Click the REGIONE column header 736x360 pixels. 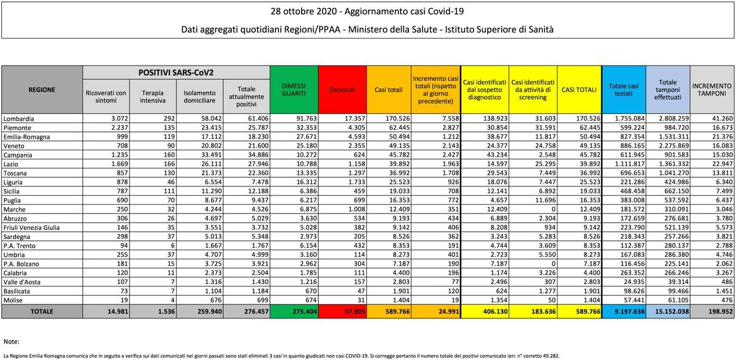tap(42, 90)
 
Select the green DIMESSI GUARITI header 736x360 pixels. tap(294, 90)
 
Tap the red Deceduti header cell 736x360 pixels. tap(342, 90)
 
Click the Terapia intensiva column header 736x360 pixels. tap(153, 96)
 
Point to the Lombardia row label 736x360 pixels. tap(19, 118)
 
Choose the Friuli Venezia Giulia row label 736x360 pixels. tap(31, 228)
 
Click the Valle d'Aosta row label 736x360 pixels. tap(22, 282)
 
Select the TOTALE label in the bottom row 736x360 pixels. tap(42, 312)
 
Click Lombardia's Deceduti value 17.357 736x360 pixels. tap(355, 118)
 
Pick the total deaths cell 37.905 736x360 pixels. tap(355, 312)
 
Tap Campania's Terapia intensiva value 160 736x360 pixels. tap(169, 155)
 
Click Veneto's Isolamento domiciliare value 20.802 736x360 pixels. tap(212, 146)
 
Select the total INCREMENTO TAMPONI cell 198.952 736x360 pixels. tap(721, 312)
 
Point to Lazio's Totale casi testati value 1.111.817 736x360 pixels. tap(630, 164)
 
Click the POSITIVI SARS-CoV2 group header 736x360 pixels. tap(176, 72)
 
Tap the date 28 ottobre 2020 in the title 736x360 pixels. tap(304, 12)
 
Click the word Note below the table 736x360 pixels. tap(12, 342)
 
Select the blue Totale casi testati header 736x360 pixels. tap(624, 90)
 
